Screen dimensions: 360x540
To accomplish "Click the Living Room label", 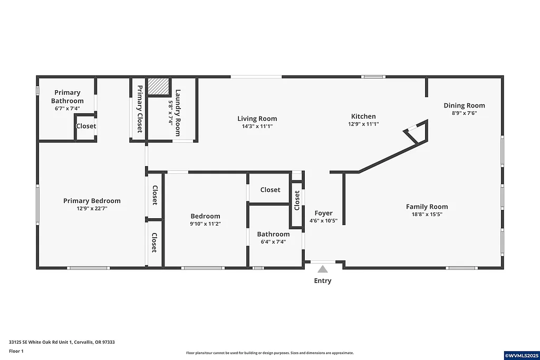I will pos(257,119).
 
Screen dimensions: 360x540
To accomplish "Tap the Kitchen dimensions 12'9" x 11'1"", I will pos(364,124).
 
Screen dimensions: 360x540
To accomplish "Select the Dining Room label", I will pos(464,105).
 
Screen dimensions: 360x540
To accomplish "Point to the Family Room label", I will pos(427,207).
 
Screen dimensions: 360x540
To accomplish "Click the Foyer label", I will pos(323,213).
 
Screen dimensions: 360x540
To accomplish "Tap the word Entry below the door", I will pos(323,281).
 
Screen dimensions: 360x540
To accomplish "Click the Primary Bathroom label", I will pos(67,96).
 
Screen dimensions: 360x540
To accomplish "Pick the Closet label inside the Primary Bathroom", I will pos(86,126).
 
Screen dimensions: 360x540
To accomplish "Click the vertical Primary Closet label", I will pos(140,109).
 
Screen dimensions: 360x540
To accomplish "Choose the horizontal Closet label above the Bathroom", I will pos(270,190).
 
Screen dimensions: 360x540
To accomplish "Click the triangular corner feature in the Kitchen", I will pos(417,133).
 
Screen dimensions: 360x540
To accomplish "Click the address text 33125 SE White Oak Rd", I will pos(62,342).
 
